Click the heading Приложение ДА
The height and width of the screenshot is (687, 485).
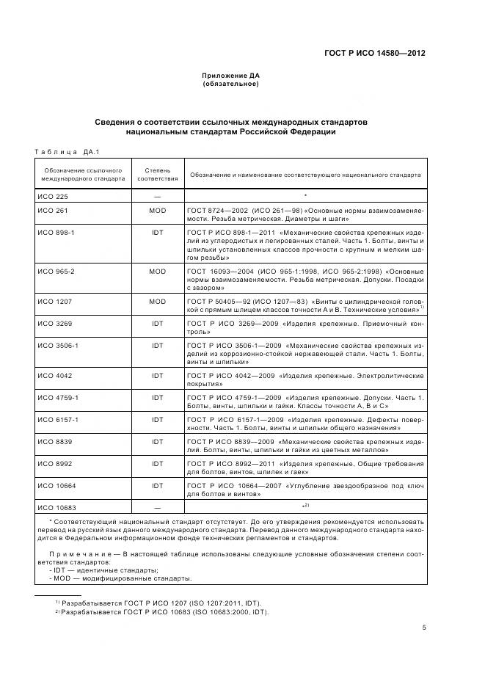tap(230, 76)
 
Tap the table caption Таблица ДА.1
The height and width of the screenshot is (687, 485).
tap(67, 152)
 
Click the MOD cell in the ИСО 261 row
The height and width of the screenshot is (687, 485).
tap(157, 211)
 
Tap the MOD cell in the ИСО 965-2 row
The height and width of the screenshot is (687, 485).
tap(157, 271)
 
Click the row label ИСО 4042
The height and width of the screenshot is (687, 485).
tap(51, 375)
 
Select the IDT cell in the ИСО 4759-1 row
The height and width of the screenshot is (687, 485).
tap(157, 397)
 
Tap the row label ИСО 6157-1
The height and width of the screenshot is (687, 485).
tap(54, 419)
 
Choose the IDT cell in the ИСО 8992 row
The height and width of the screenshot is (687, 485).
tap(157, 464)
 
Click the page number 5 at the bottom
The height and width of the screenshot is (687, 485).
tap(423, 627)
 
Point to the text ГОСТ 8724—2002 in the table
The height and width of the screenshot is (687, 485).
tap(216, 211)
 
